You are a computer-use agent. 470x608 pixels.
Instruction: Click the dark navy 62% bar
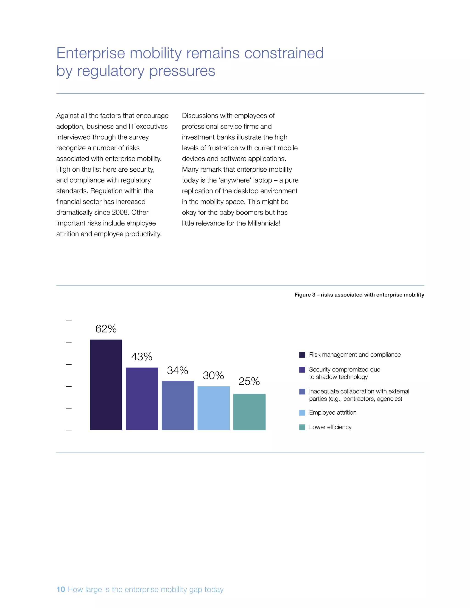106,385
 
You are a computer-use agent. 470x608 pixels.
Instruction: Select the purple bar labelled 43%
142,399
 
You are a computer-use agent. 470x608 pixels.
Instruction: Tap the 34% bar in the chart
178,405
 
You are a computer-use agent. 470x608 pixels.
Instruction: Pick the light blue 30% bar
214,408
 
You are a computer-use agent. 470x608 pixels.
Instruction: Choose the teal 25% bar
249,412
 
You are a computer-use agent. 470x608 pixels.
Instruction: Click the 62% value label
106,329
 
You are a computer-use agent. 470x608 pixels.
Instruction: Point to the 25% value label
249,381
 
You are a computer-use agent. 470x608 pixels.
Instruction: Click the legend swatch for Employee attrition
302,413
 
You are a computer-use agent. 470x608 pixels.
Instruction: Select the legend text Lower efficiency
330,427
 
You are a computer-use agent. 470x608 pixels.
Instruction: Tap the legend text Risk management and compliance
355,355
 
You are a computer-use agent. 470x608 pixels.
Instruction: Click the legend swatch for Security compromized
302,370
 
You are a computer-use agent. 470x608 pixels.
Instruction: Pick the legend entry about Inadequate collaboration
359,395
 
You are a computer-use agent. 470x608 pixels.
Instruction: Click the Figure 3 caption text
359,295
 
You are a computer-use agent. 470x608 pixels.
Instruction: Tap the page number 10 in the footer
61,589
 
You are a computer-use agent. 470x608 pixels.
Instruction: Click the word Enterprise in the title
91,53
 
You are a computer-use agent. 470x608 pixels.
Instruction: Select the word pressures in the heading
182,71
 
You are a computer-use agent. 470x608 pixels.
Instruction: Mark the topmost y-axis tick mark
69,321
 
